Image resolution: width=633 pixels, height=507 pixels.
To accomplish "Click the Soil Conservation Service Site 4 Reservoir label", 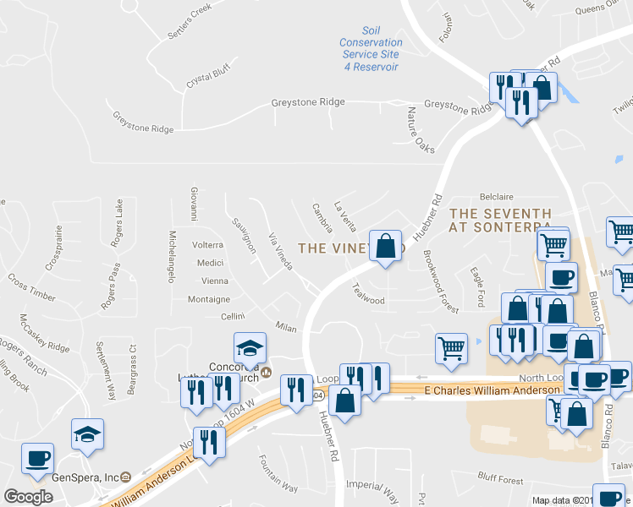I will (370, 48).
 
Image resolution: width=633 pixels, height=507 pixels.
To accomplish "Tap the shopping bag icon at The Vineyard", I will (386, 247).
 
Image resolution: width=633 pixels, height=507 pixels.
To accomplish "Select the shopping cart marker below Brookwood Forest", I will (451, 348).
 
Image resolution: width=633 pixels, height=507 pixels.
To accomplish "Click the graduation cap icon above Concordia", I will (250, 348).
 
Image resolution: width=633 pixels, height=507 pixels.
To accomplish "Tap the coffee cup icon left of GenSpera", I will (37, 459).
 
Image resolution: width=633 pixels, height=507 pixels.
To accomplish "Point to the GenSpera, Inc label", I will (85, 477).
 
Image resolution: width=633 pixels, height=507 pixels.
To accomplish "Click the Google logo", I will (28, 496).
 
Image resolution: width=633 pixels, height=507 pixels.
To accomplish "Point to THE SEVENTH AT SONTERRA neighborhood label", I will (500, 221).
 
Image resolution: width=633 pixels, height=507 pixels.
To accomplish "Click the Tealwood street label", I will (368, 294).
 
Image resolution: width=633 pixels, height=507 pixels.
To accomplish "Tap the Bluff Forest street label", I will (500, 479).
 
